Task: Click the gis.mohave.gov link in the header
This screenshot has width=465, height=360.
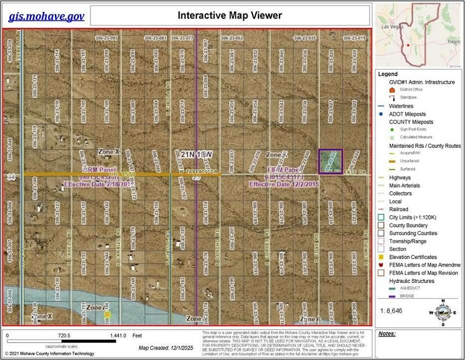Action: coord(46,16)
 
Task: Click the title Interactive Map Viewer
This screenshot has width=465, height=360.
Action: coord(230,15)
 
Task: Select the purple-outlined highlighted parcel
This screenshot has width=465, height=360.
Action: coord(330,161)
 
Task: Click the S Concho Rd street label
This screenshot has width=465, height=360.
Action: coord(218,241)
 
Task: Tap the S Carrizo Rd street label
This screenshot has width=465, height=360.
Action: coord(118,241)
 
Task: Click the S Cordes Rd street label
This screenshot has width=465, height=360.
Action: coord(267,241)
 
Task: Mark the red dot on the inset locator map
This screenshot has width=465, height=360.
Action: coord(409,45)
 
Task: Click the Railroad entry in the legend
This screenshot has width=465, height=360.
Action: coord(398,209)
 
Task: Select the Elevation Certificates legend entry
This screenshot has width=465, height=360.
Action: coord(413,257)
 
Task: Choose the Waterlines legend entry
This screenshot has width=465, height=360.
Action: coord(401,106)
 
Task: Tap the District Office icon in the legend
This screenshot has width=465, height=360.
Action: coord(392,90)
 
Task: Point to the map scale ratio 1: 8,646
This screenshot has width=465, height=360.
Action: coord(395,311)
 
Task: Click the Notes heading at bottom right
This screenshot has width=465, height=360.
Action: coord(387,333)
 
